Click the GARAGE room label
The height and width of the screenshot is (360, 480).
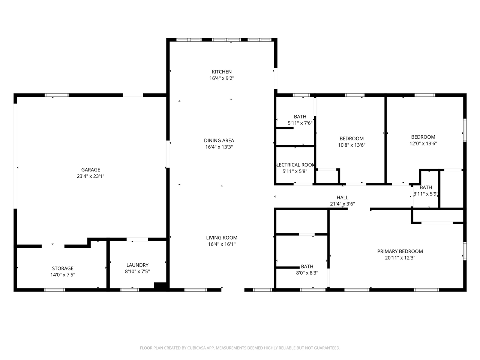coord(91,170)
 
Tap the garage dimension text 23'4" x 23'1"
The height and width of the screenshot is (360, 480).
coord(91,176)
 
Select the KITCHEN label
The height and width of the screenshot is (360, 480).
coord(222,72)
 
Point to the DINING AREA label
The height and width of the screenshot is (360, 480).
coord(219,141)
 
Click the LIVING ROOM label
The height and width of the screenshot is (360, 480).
coord(222,238)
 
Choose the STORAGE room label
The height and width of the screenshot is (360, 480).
coord(63,268)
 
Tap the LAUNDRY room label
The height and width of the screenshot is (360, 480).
coord(137,265)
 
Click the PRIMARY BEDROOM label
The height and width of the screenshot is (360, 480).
coord(400,252)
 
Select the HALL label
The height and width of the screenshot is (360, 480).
coord(342,198)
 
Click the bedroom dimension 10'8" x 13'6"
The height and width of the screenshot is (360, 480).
coord(351,145)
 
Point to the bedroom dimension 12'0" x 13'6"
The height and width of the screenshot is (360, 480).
coord(423,143)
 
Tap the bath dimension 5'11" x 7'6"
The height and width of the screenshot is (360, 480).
coord(300,123)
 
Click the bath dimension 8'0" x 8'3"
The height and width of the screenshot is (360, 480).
coord(307,273)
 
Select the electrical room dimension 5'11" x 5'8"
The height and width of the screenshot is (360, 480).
coord(295,171)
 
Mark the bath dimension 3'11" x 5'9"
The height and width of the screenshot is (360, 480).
coord(426,194)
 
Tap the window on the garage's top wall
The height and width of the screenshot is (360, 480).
coord(57,95)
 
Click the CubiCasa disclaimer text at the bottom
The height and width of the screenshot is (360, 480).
coord(240,348)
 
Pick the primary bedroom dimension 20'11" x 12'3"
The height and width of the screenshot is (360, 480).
coord(400,258)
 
